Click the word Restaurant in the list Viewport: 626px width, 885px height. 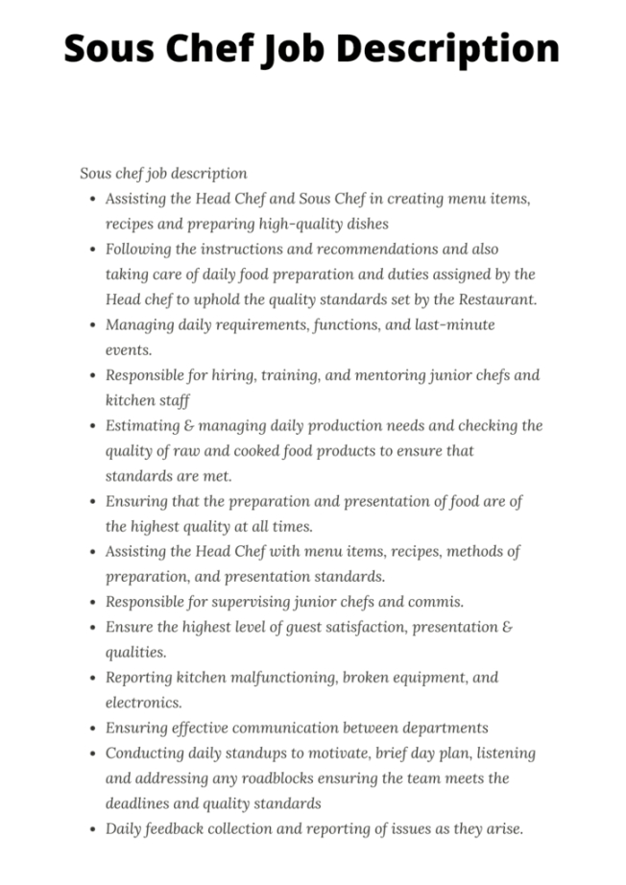point(494,299)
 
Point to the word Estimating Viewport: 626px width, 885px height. point(142,425)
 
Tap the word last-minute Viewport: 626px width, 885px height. point(454,324)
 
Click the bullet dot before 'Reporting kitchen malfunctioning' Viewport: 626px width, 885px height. point(91,678)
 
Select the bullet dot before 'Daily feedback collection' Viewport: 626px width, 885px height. point(91,829)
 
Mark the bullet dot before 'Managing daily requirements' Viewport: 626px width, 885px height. point(91,325)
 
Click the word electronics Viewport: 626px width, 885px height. point(143,703)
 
